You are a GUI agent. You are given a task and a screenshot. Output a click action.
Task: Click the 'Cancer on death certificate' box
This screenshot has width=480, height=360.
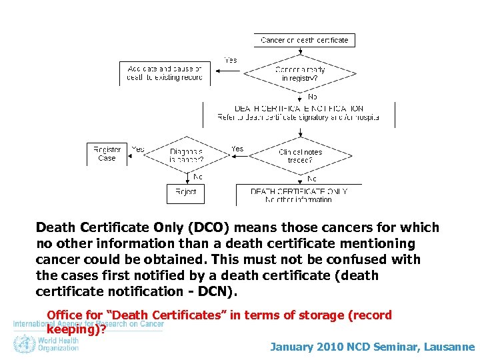[304, 40]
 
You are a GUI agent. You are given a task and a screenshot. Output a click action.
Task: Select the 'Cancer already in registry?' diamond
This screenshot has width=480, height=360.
[299, 74]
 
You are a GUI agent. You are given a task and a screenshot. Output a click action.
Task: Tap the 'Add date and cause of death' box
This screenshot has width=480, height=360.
[164, 73]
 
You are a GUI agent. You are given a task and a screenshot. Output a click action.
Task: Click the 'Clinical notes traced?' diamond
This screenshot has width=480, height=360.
[300, 156]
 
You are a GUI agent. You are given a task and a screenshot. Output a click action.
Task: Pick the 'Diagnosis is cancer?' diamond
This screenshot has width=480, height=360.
[186, 156]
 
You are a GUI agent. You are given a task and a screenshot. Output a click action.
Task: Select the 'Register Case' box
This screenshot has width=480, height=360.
[107, 154]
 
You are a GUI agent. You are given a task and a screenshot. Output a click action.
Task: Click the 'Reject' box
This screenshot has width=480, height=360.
[186, 192]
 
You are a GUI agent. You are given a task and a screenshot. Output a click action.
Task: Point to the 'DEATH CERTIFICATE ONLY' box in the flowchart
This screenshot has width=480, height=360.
[299, 195]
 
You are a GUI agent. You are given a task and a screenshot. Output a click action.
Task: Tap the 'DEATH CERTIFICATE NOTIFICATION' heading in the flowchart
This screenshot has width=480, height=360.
[299, 108]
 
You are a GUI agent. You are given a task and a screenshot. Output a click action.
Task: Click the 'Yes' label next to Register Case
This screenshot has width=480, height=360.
[138, 149]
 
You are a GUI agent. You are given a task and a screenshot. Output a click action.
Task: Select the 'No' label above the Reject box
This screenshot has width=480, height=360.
[197, 177]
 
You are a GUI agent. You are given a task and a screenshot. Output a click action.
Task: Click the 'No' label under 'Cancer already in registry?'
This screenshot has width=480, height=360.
[313, 97]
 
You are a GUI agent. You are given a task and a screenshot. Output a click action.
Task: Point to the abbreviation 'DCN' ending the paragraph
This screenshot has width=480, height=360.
[215, 291]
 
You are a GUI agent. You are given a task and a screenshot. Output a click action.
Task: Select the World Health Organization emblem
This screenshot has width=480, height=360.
[25, 344]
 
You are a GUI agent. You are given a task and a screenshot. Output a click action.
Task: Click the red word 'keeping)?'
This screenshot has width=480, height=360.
[76, 328]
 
